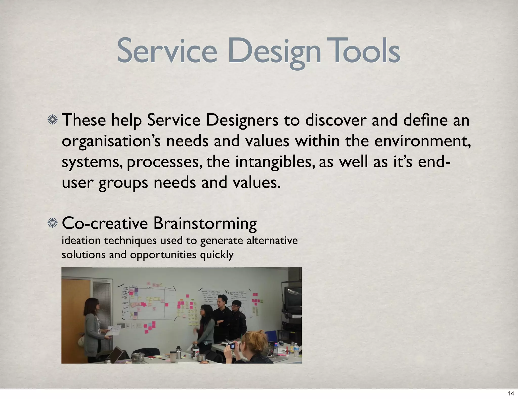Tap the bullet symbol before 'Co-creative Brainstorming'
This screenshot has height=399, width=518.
pos(53,223)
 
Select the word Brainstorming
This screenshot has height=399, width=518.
pos(205,223)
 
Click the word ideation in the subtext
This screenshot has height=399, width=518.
pos(81,240)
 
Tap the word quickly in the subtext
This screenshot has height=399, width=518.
pos(217,254)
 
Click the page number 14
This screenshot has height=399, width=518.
pos(511,393)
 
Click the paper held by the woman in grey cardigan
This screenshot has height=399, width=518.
pos(114,330)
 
